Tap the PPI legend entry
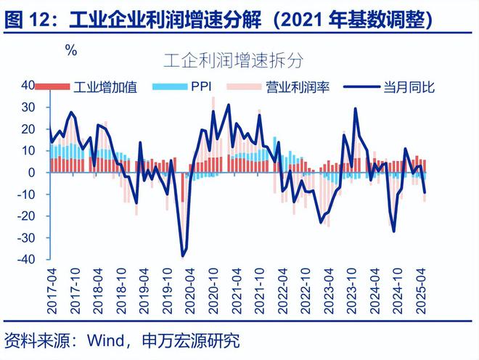pos(200,88)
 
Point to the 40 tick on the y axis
pos(28,85)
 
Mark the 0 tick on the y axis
pos(33,172)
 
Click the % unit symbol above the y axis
pos(70,50)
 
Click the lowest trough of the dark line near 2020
pos(182,255)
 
